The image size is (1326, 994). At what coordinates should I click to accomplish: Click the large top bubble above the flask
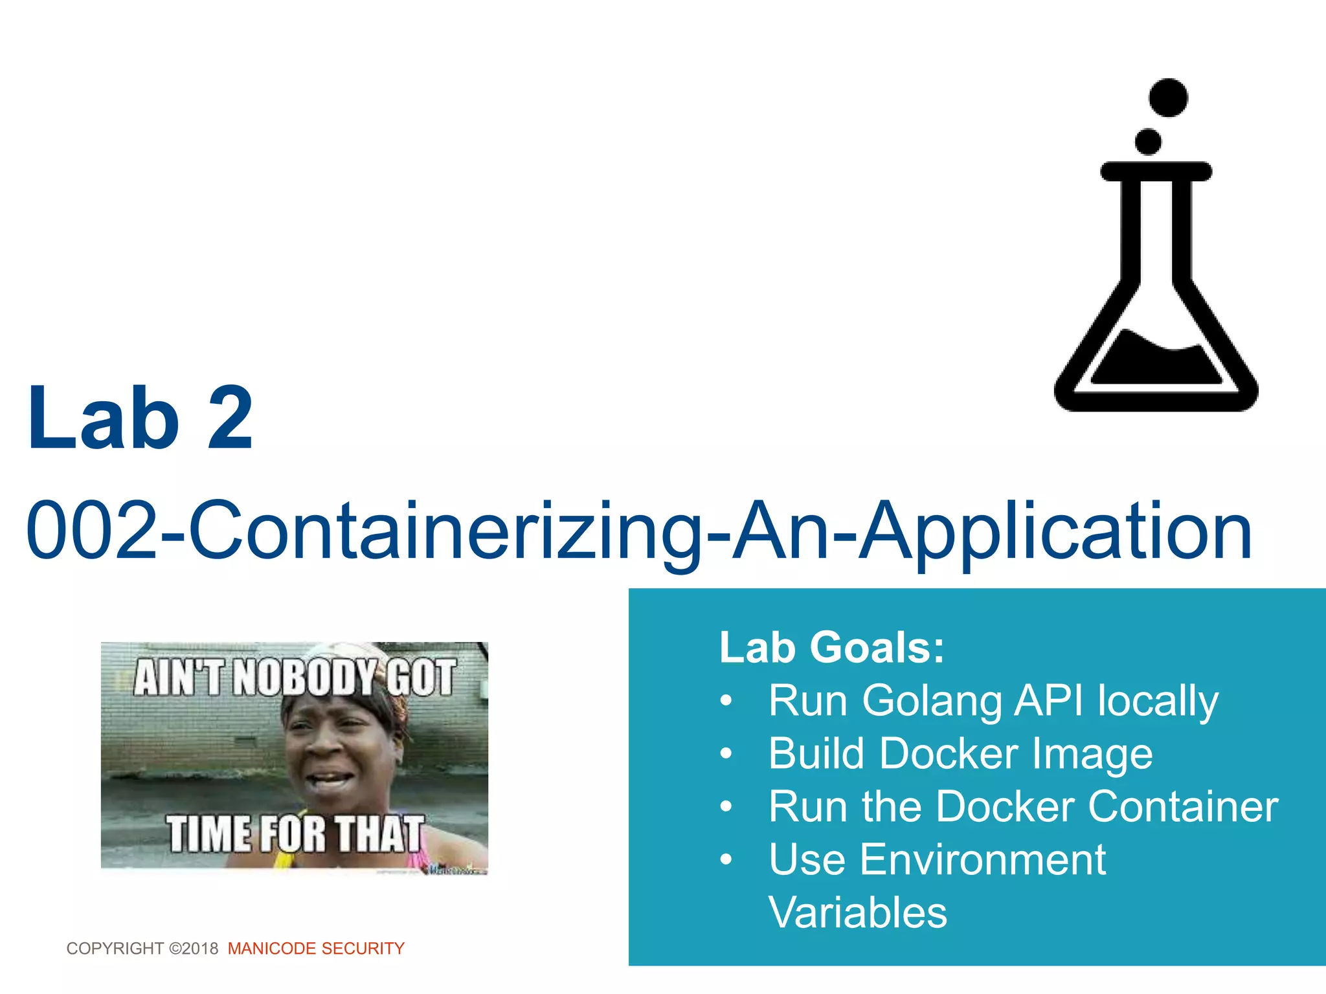tap(1168, 98)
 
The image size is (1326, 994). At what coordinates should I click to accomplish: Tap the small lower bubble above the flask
tap(1149, 142)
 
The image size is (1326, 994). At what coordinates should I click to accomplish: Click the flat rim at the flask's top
tap(1156, 171)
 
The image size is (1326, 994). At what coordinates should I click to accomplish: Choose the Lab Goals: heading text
tap(832, 647)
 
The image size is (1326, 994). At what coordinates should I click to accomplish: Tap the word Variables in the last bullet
tap(858, 913)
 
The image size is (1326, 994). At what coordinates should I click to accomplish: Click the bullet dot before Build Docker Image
tap(726, 754)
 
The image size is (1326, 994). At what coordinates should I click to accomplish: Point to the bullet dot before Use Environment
tap(726, 860)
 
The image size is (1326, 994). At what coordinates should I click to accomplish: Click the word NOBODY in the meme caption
tap(305, 678)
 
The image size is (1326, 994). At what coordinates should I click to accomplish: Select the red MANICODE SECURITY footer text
tap(316, 949)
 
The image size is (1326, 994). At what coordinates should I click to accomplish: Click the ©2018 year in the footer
tap(194, 949)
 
